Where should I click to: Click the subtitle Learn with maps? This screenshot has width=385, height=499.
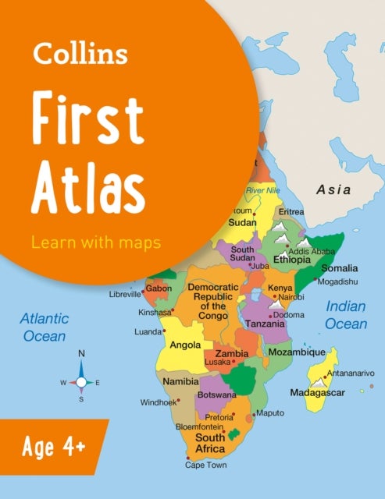coord(95,242)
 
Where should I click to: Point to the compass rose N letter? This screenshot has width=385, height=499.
coord(80,354)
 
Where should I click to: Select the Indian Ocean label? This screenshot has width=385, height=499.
coord(346,314)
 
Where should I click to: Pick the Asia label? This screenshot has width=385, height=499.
coord(333,189)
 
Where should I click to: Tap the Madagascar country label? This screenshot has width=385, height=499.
coord(316,391)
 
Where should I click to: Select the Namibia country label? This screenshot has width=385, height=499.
coord(180,381)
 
